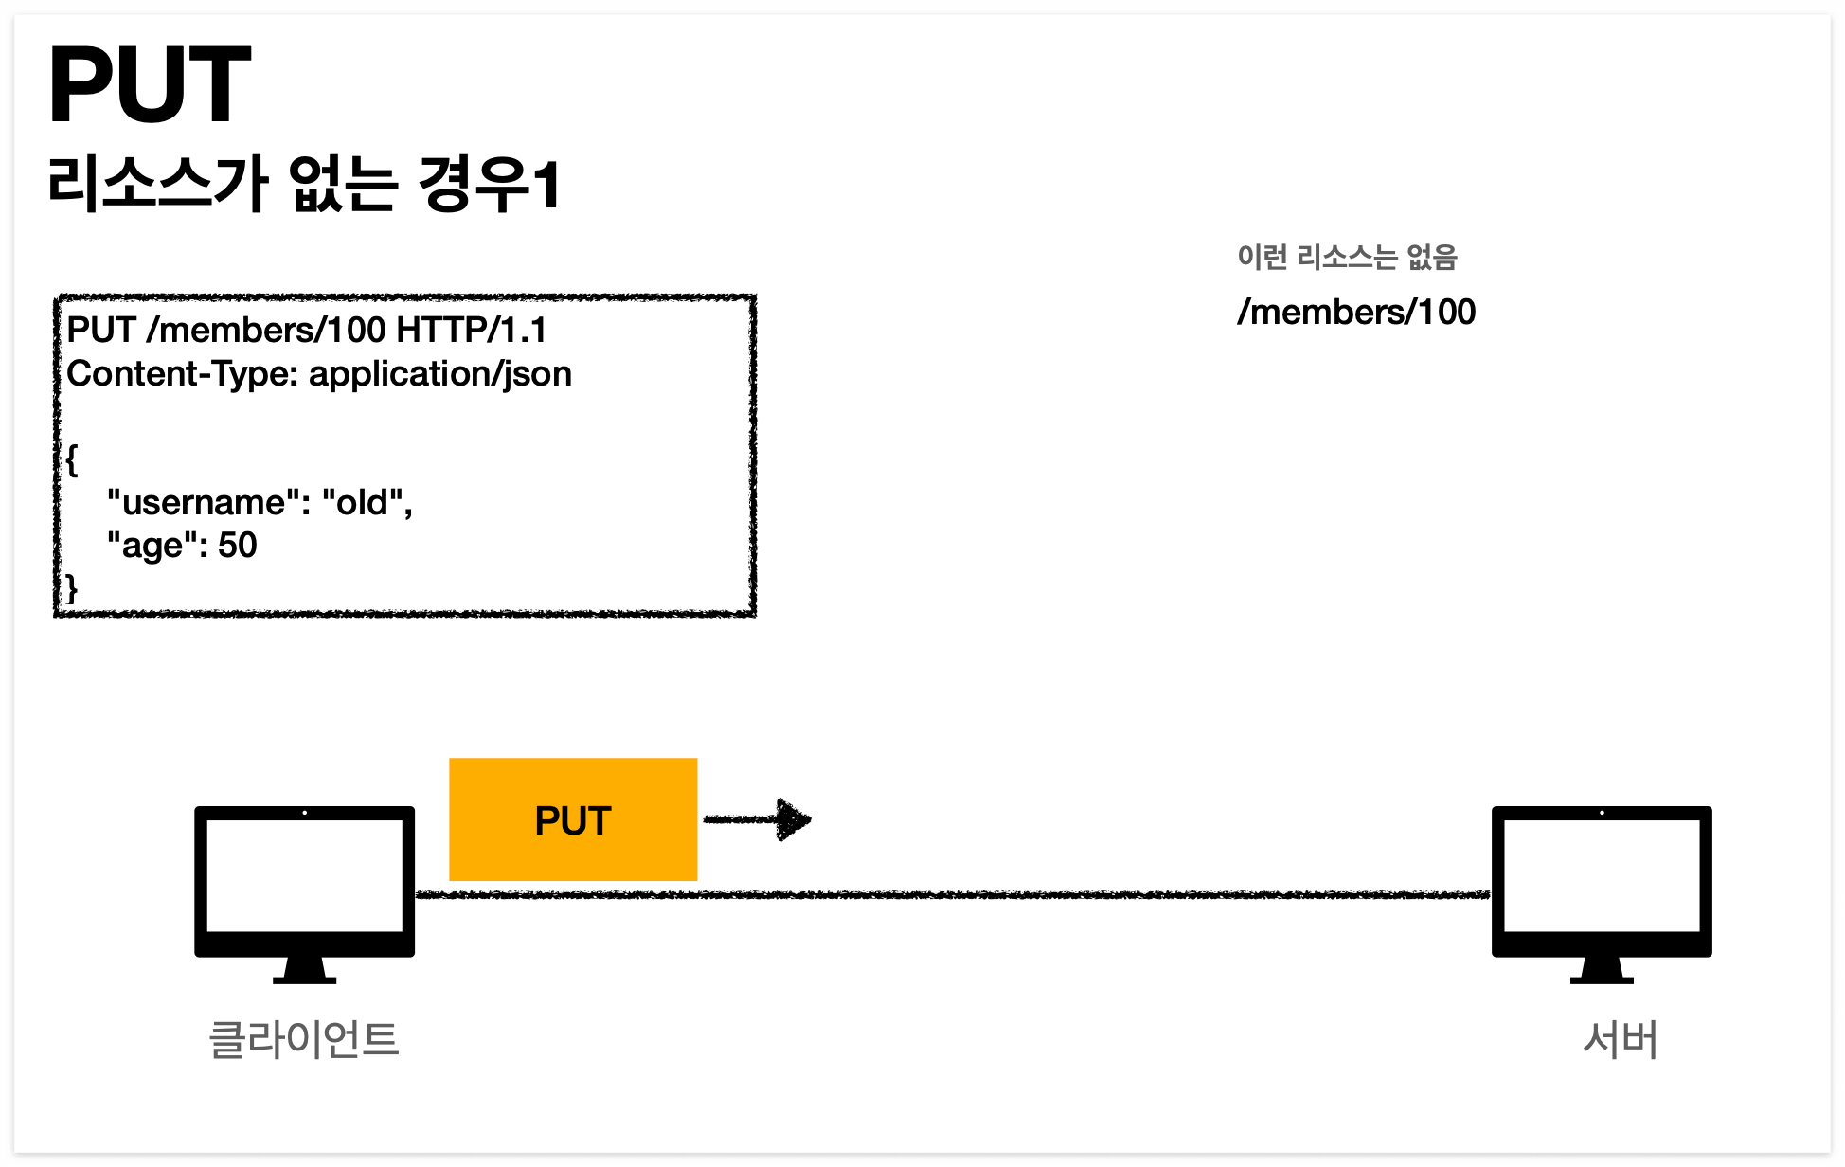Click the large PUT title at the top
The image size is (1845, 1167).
click(150, 85)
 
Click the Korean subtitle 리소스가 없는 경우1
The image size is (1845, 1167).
click(304, 184)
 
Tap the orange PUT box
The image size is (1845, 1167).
click(573, 819)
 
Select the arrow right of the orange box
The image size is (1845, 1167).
click(759, 819)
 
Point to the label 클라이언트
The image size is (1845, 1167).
click(304, 1039)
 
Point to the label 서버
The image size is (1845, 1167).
click(1620, 1039)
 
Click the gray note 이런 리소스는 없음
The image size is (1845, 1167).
click(1346, 257)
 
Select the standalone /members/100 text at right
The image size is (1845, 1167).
click(1356, 312)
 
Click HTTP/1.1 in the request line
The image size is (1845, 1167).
click(472, 331)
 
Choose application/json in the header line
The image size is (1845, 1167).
click(440, 374)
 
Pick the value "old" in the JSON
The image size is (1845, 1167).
click(363, 502)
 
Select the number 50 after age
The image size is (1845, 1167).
click(238, 546)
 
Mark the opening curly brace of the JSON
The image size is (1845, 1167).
click(72, 461)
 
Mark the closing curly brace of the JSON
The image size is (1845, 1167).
click(72, 588)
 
